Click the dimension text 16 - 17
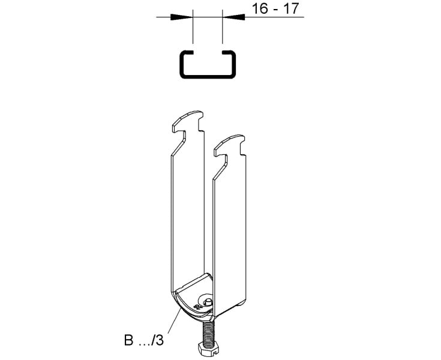tap(275, 8)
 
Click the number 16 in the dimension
tap(259, 8)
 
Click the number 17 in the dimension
tap(290, 8)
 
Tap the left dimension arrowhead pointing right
tap(181, 17)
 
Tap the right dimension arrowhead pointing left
tap(234, 17)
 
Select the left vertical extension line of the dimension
tap(193, 27)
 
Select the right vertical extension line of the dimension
tap(223, 27)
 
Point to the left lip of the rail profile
tap(187, 52)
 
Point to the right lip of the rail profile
tap(229, 52)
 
